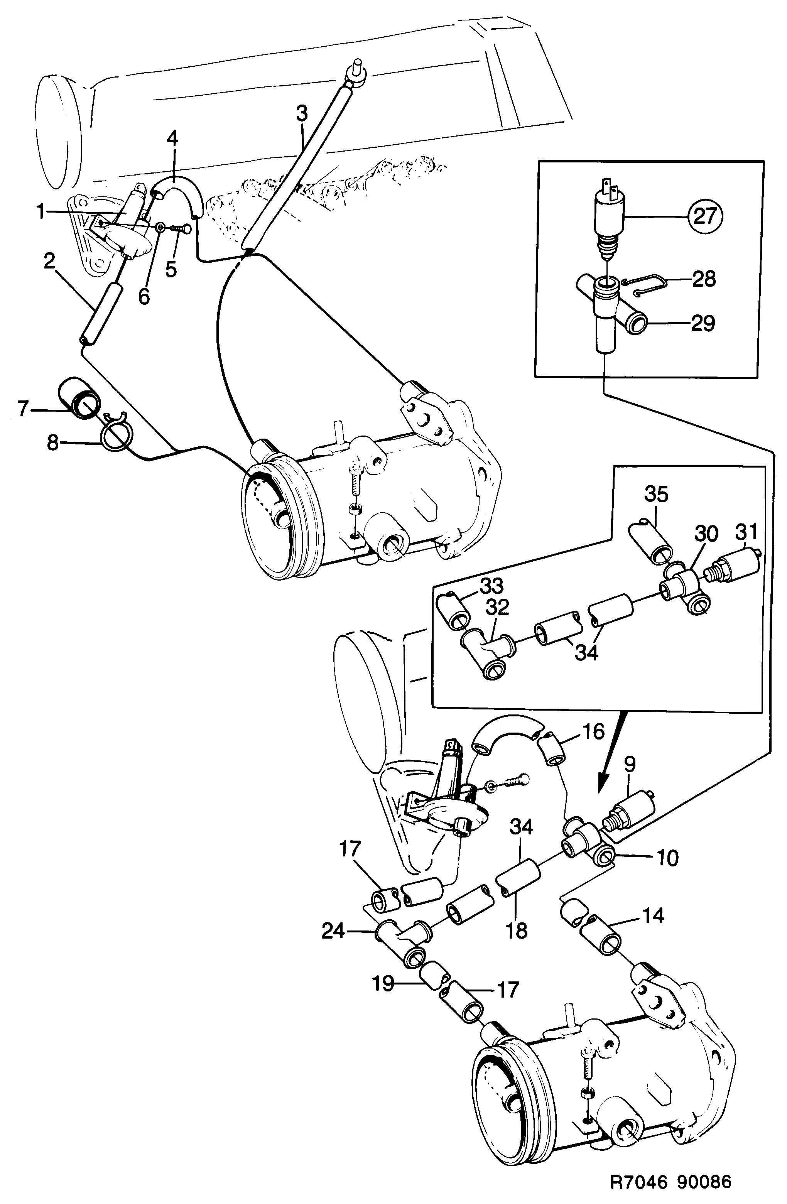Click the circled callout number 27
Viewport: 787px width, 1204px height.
click(705, 216)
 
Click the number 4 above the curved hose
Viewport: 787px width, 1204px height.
click(172, 138)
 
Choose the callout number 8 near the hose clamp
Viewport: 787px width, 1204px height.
click(52, 444)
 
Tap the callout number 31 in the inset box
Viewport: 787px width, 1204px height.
click(746, 532)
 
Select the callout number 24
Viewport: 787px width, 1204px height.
click(333, 931)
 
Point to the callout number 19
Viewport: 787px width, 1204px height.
click(383, 984)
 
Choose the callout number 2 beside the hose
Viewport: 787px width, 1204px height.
click(49, 262)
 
